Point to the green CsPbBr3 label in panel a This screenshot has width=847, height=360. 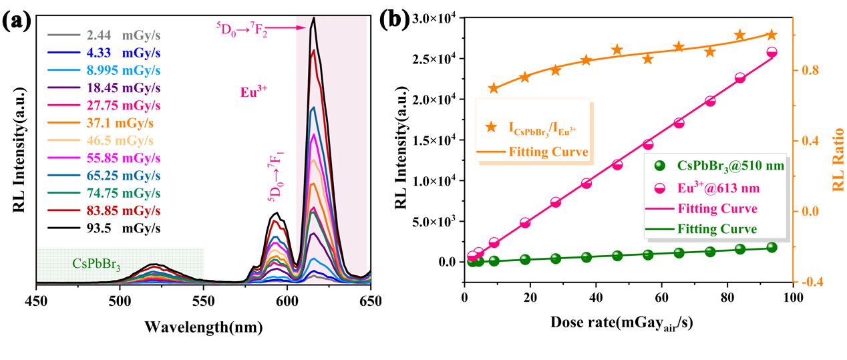(x=97, y=265)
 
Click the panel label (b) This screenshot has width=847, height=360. (x=394, y=19)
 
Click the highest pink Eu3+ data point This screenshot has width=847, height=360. (x=772, y=52)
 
